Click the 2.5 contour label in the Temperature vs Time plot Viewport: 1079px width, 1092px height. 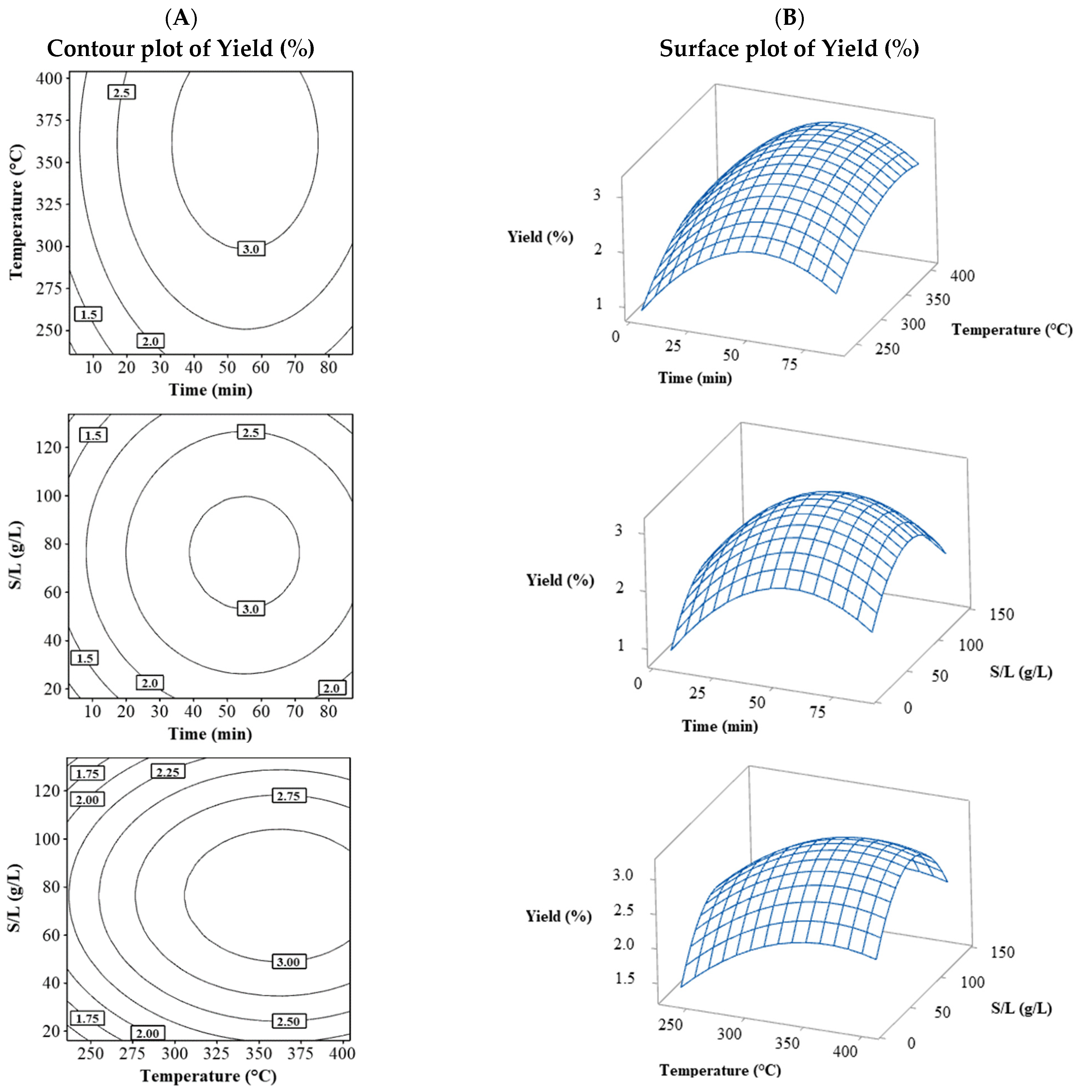point(122,92)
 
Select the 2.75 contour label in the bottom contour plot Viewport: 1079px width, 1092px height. point(288,796)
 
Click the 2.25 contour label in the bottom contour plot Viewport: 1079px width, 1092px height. point(168,772)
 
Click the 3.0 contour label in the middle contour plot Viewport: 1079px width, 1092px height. point(251,609)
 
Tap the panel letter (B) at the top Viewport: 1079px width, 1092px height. point(789,19)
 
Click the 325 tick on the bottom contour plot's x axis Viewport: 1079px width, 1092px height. point(217,1053)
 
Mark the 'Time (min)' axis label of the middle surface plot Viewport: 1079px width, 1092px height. point(719,726)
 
